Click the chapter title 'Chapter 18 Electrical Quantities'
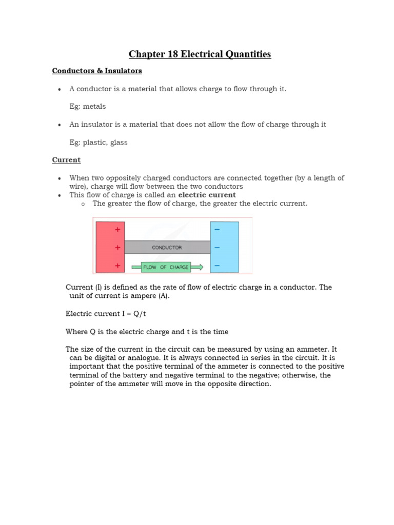tap(200, 54)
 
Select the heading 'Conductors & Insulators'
tap(97, 71)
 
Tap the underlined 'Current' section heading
tap(66, 160)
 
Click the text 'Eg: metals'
tap(88, 107)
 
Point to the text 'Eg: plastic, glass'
tap(98, 143)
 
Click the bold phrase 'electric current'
tap(207, 195)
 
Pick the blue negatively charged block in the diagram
tap(224, 247)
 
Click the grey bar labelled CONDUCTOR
tap(167, 247)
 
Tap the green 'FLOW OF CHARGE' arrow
tap(167, 267)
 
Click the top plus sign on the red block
tap(117, 230)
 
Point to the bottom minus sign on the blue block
tap(217, 266)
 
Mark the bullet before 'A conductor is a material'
tap(60, 89)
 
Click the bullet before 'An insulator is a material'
tap(60, 125)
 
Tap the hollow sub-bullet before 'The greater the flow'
tap(82, 204)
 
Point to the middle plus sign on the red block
tap(117, 247)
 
